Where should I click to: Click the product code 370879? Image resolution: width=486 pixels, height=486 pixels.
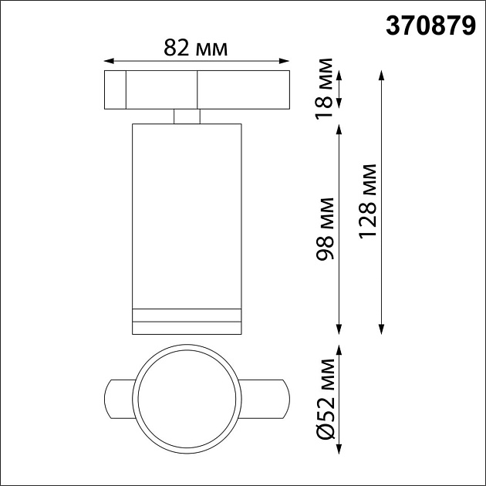(x=430, y=27)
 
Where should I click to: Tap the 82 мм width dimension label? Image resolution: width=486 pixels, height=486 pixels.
(x=196, y=48)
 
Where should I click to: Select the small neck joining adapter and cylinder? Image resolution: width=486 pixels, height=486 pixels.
(x=187, y=116)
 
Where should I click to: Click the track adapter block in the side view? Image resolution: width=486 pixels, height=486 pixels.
(x=196, y=89)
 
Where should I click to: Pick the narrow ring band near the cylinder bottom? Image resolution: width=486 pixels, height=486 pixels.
(x=187, y=314)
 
